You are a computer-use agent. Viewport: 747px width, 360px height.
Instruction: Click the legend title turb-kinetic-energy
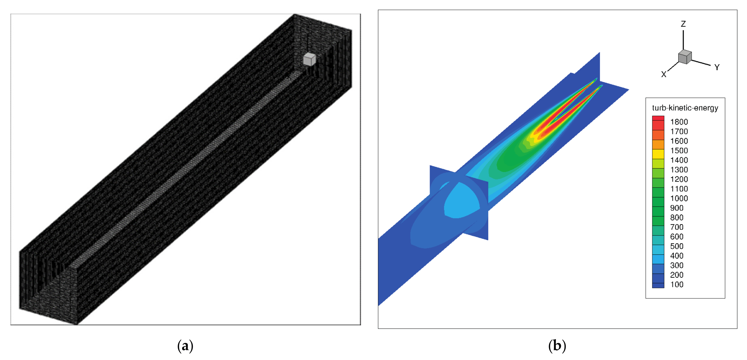685,108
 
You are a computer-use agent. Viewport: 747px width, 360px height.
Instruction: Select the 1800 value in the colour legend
679,122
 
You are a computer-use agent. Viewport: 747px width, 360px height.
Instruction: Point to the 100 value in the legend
677,284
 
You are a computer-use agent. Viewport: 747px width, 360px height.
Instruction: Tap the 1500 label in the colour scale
679,150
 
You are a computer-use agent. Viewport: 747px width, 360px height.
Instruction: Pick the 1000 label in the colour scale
679,198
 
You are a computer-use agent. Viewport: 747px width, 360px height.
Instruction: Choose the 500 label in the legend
677,246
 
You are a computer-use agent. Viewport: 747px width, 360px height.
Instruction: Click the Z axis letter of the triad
683,24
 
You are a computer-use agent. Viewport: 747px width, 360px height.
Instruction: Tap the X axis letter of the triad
663,74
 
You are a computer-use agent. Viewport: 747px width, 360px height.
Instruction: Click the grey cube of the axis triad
685,57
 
